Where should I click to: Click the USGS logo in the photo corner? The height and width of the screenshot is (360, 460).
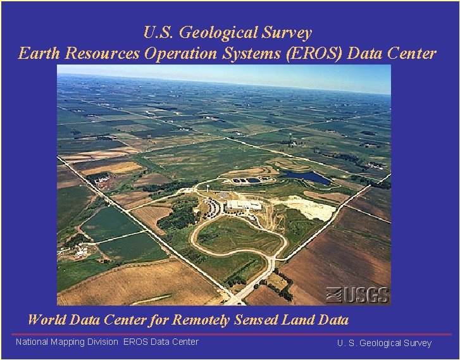coord(357,294)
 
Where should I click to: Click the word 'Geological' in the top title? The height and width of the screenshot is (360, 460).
coord(228,32)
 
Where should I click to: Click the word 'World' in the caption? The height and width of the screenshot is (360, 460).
coord(47,320)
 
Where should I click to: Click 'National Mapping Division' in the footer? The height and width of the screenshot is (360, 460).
coord(66,342)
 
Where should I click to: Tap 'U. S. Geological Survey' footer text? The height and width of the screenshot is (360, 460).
coord(384,343)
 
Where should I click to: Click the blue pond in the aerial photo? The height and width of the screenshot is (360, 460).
coord(305,177)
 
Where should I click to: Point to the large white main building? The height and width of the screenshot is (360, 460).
coord(244,205)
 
